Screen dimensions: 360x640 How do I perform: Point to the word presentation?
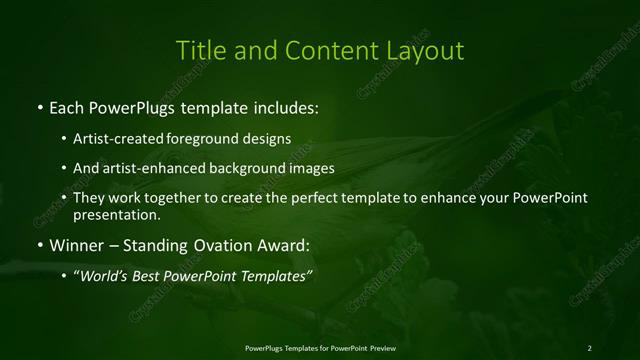[115, 214]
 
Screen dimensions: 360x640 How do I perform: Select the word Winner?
[76, 245]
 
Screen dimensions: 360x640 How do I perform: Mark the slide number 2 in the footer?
[589, 347]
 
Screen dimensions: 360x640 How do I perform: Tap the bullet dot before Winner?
[39, 245]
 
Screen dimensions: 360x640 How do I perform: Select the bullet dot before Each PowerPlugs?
[39, 106]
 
